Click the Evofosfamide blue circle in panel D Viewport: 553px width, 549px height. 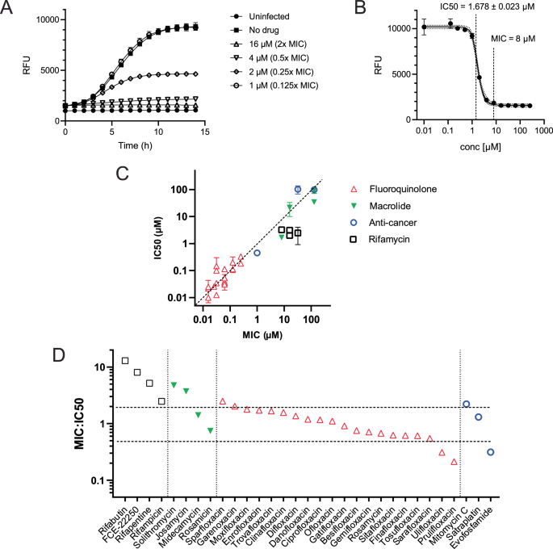[x=490, y=452]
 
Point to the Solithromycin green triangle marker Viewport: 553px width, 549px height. [x=174, y=385]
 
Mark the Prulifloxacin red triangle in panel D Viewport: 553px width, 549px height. [x=454, y=462]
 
